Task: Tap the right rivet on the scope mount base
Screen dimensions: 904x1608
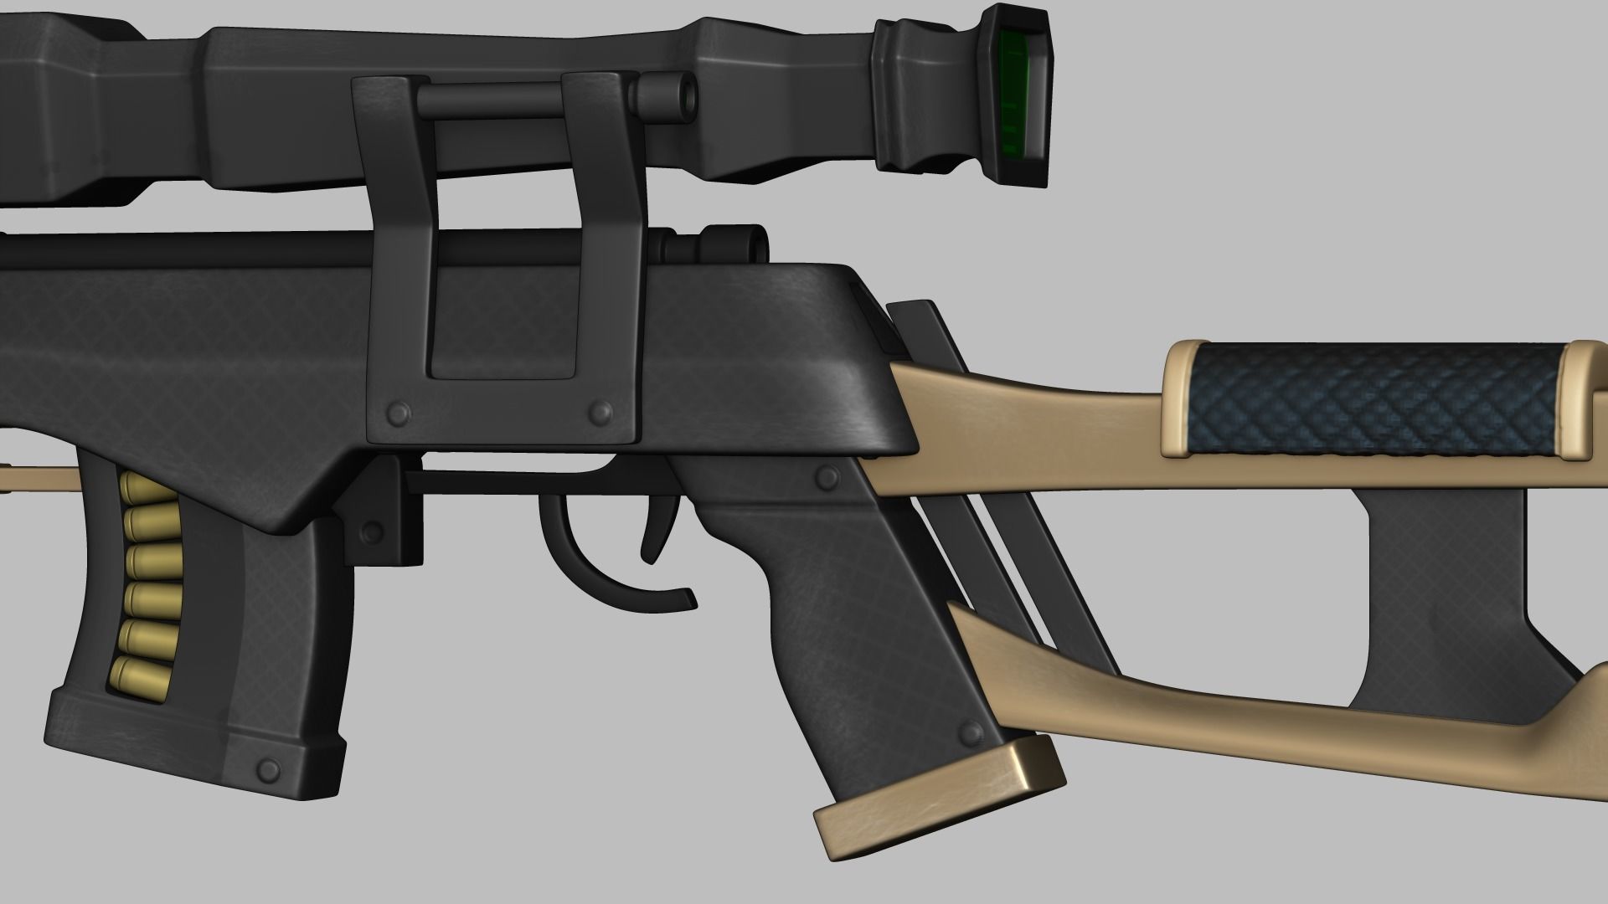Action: click(x=600, y=411)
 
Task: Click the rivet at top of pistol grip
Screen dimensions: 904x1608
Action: click(x=827, y=478)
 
